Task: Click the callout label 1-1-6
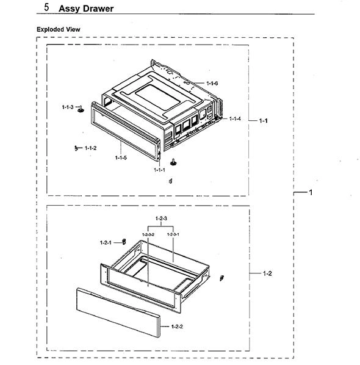(x=212, y=83)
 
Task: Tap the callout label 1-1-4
(x=235, y=119)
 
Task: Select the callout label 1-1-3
(x=68, y=107)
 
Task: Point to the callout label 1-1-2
(x=90, y=148)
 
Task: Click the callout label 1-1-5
(x=121, y=158)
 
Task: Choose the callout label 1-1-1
(x=160, y=170)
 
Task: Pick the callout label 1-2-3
(x=161, y=219)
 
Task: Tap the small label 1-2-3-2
(x=148, y=234)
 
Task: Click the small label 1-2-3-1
(x=173, y=234)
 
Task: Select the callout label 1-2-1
(x=106, y=243)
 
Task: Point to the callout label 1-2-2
(x=177, y=327)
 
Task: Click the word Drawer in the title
(x=99, y=9)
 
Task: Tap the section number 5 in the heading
(x=46, y=7)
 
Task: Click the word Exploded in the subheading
(x=50, y=29)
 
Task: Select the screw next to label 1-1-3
(x=81, y=109)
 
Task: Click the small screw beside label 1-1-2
(x=76, y=148)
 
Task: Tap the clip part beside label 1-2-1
(x=124, y=242)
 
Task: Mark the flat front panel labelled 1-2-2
(x=118, y=313)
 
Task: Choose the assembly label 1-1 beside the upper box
(x=264, y=121)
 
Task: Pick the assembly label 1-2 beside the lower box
(x=267, y=273)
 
